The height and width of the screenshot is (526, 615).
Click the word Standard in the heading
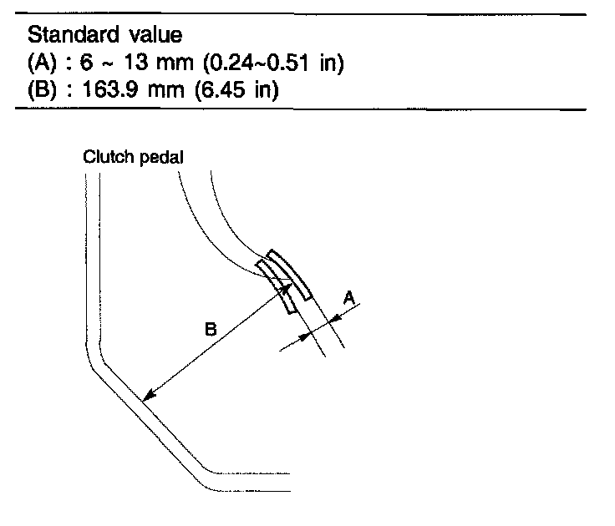pyautogui.click(x=66, y=37)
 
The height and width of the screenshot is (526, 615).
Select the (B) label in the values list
pyautogui.click(x=41, y=89)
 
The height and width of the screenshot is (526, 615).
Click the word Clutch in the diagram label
pyautogui.click(x=102, y=156)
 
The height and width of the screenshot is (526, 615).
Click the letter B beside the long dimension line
pyautogui.click(x=212, y=331)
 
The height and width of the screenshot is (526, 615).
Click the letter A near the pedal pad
pyautogui.click(x=350, y=297)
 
